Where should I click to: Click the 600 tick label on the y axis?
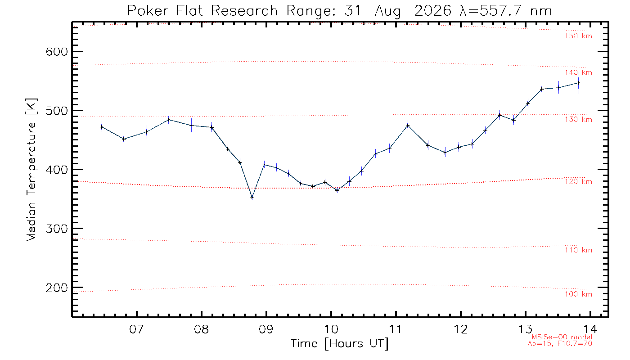coord(57,52)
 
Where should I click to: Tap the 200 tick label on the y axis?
coord(57,288)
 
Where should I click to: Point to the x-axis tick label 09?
coord(266,329)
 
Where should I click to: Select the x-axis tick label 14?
coord(590,329)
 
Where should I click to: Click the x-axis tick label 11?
coord(396,329)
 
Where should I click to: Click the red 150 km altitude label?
coord(579,36)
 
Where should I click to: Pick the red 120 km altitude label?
coord(579,182)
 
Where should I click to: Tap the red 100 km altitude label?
coord(579,294)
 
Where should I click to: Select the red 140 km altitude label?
coord(579,72)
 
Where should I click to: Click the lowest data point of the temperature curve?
coord(252,198)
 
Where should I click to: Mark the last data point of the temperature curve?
coord(579,83)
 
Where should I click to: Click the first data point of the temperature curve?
coord(102,127)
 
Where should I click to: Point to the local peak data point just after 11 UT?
coord(408,126)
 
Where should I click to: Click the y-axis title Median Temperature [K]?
coord(31,170)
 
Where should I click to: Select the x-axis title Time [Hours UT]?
coord(339,344)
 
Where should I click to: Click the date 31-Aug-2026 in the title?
coord(398,11)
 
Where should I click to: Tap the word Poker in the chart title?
coord(148,11)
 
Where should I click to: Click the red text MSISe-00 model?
coord(562,337)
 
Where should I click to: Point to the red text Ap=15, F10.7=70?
coord(560,344)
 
